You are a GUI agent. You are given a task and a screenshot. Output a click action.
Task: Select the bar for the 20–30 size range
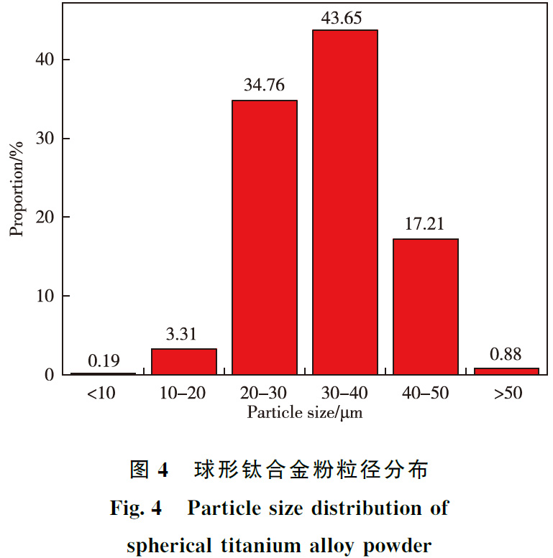point(265,238)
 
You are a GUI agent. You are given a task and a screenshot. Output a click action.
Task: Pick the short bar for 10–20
point(184,362)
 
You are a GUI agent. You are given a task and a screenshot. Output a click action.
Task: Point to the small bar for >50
point(506,371)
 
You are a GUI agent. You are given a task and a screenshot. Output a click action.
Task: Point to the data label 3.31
point(184,335)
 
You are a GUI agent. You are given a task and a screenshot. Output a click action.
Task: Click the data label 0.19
point(104,360)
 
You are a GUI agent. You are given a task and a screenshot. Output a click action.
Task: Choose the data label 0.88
point(506,355)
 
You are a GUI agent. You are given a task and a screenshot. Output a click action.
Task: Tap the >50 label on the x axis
point(506,394)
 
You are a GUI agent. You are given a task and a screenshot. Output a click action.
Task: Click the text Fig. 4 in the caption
point(138,508)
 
